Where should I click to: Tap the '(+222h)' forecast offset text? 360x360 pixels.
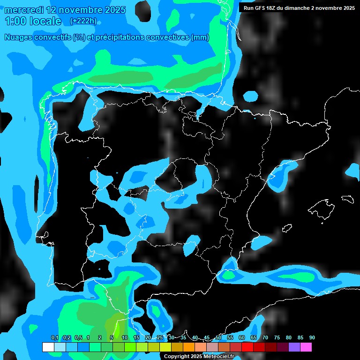pyautogui.click(x=83, y=21)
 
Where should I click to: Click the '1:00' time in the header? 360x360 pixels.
pyautogui.click(x=15, y=21)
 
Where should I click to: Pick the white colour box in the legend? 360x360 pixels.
pyautogui.click(x=48, y=347)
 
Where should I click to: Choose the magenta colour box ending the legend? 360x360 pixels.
pyautogui.click(x=306, y=347)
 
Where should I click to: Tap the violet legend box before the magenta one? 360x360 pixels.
pyautogui.click(x=294, y=347)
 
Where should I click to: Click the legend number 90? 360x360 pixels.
pyautogui.click(x=312, y=337)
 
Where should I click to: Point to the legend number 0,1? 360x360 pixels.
pyautogui.click(x=55, y=337)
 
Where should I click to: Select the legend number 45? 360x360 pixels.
pyautogui.click(x=207, y=337)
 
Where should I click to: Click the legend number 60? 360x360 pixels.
pyautogui.click(x=242, y=337)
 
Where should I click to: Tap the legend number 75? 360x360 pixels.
pyautogui.click(x=277, y=337)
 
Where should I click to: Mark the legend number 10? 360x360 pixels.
pyautogui.click(x=125, y=337)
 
